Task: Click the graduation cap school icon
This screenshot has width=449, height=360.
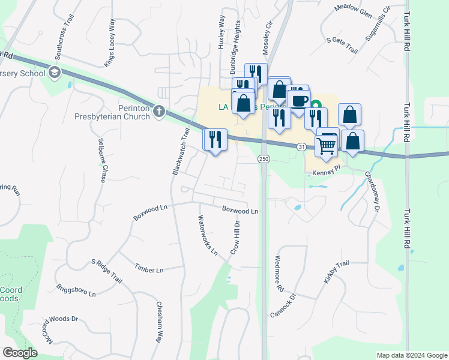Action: click(x=55, y=73)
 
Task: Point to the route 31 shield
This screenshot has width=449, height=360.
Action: click(x=302, y=146)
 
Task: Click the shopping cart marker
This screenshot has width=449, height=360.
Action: click(x=327, y=145)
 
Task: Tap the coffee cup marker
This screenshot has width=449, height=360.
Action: click(x=298, y=100)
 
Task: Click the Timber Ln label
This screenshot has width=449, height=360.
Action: click(x=149, y=270)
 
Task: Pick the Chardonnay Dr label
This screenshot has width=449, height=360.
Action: click(x=373, y=192)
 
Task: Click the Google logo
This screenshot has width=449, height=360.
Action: click(x=20, y=353)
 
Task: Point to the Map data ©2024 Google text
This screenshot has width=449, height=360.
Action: click(x=411, y=355)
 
